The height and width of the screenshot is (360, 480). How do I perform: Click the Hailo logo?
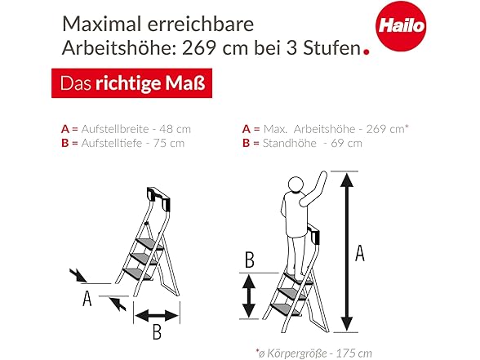[401, 26]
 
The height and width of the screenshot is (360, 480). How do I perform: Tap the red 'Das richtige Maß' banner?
[131, 83]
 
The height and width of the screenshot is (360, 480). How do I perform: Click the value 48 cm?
[175, 129]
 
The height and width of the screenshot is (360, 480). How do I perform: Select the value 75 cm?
[169, 144]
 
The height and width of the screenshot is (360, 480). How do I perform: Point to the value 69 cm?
[346, 144]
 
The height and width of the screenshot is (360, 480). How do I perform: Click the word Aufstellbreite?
[115, 129]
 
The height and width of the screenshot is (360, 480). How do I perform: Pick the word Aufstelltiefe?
[112, 144]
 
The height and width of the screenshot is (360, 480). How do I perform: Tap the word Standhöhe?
[290, 144]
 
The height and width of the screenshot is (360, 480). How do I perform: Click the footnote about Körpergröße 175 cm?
[314, 353]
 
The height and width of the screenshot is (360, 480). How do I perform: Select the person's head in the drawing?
[296, 184]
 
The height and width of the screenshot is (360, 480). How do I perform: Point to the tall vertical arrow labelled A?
[346, 251]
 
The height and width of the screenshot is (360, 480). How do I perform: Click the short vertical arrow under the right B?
[249, 296]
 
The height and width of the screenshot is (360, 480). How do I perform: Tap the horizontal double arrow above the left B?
[157, 315]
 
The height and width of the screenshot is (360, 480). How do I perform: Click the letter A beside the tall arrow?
[360, 252]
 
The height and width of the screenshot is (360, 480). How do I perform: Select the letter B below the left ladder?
[157, 331]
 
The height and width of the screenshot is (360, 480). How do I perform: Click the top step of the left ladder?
[149, 243]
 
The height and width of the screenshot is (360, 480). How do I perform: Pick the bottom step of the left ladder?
[137, 273]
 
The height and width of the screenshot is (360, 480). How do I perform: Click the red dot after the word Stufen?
[366, 51]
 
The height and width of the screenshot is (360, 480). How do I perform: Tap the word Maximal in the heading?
[102, 24]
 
